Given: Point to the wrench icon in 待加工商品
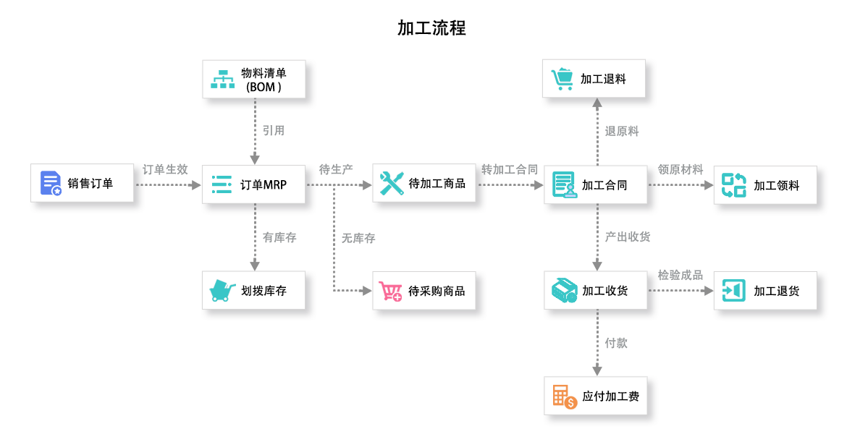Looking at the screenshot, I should (392, 184).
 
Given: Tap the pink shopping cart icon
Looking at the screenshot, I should (391, 291).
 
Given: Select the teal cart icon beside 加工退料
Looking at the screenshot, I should (562, 78).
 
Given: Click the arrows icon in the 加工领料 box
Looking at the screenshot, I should (733, 184).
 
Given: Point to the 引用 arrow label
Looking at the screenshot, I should (273, 131).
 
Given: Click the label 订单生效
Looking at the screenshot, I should (166, 170).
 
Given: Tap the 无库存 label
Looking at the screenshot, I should (358, 238).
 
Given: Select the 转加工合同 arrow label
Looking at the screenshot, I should (510, 170).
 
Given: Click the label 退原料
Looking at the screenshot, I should (622, 132).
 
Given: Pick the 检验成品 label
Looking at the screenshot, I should (680, 276).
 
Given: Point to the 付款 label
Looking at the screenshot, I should (616, 343).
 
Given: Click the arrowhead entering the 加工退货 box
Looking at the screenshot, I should (708, 291).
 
